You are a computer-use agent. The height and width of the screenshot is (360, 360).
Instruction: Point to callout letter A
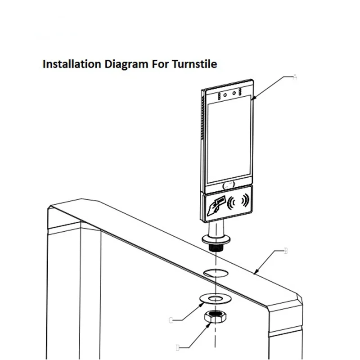pos(295,77)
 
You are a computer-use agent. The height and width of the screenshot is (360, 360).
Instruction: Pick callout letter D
pos(178,347)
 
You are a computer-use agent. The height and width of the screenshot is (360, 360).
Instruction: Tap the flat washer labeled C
pos(216,299)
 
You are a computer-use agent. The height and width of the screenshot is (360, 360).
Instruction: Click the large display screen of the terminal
pos(228,139)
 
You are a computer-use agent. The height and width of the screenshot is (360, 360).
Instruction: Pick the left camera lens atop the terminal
pos(225,94)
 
